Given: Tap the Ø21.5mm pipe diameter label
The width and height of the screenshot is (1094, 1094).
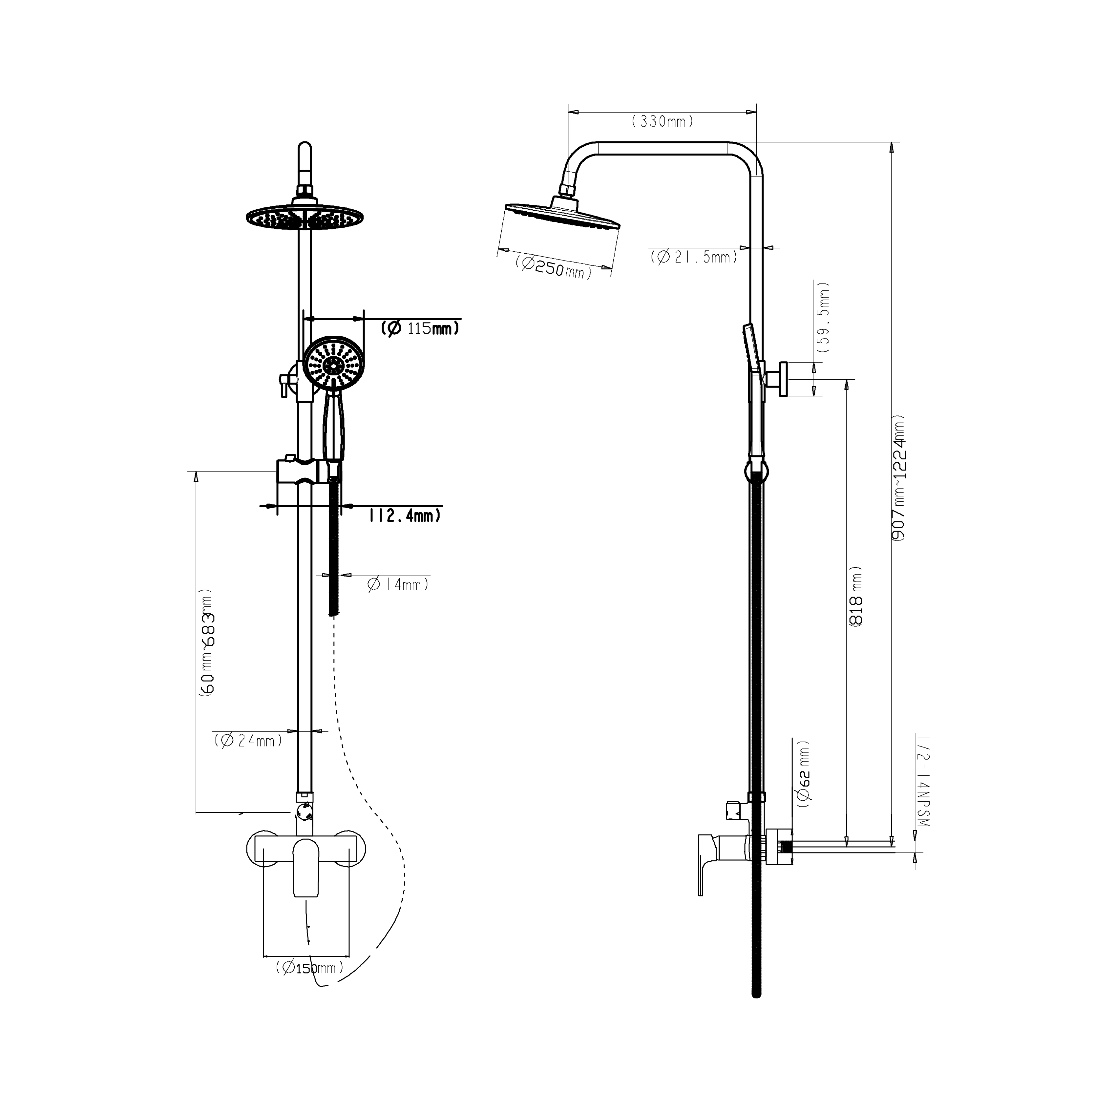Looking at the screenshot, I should (694, 257).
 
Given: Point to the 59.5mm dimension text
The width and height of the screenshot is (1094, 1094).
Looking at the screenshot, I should (824, 317).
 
